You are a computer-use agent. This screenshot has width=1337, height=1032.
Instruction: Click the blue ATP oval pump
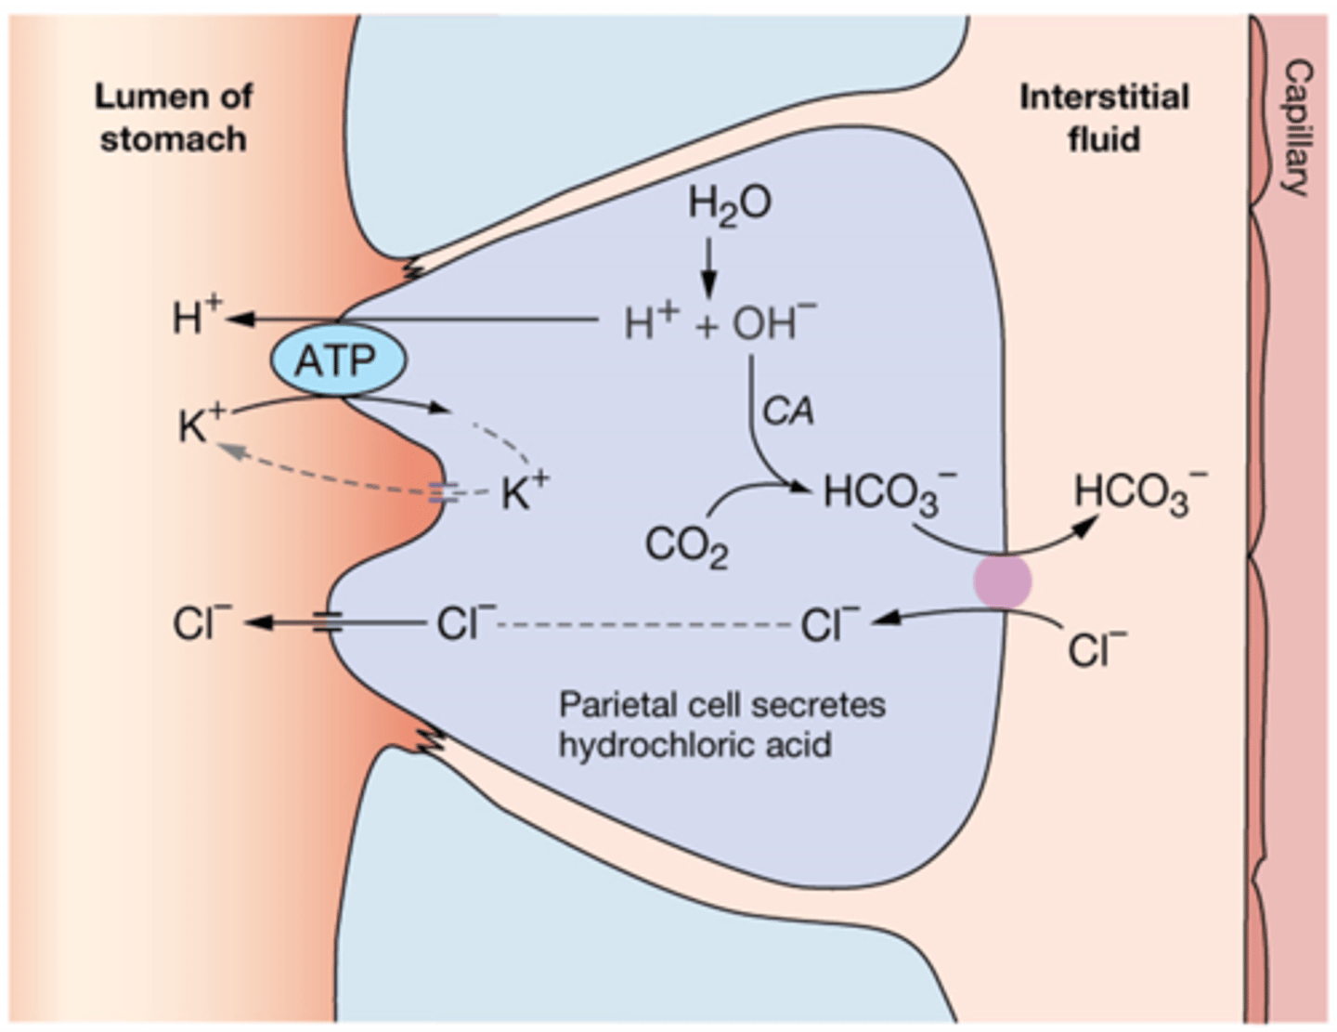tap(338, 360)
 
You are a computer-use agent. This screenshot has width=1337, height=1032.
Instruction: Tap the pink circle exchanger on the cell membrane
tap(1002, 581)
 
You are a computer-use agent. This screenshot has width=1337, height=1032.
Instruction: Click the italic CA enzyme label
tap(787, 411)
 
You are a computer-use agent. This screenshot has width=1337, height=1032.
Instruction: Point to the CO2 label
tap(686, 546)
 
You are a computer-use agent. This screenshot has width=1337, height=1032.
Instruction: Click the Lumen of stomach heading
tap(174, 118)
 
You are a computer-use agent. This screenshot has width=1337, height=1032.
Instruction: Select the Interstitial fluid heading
tap(1104, 118)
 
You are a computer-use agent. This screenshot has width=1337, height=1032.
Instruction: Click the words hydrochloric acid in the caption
tap(694, 745)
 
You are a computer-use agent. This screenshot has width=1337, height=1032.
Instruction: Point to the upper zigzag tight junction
tap(409, 268)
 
